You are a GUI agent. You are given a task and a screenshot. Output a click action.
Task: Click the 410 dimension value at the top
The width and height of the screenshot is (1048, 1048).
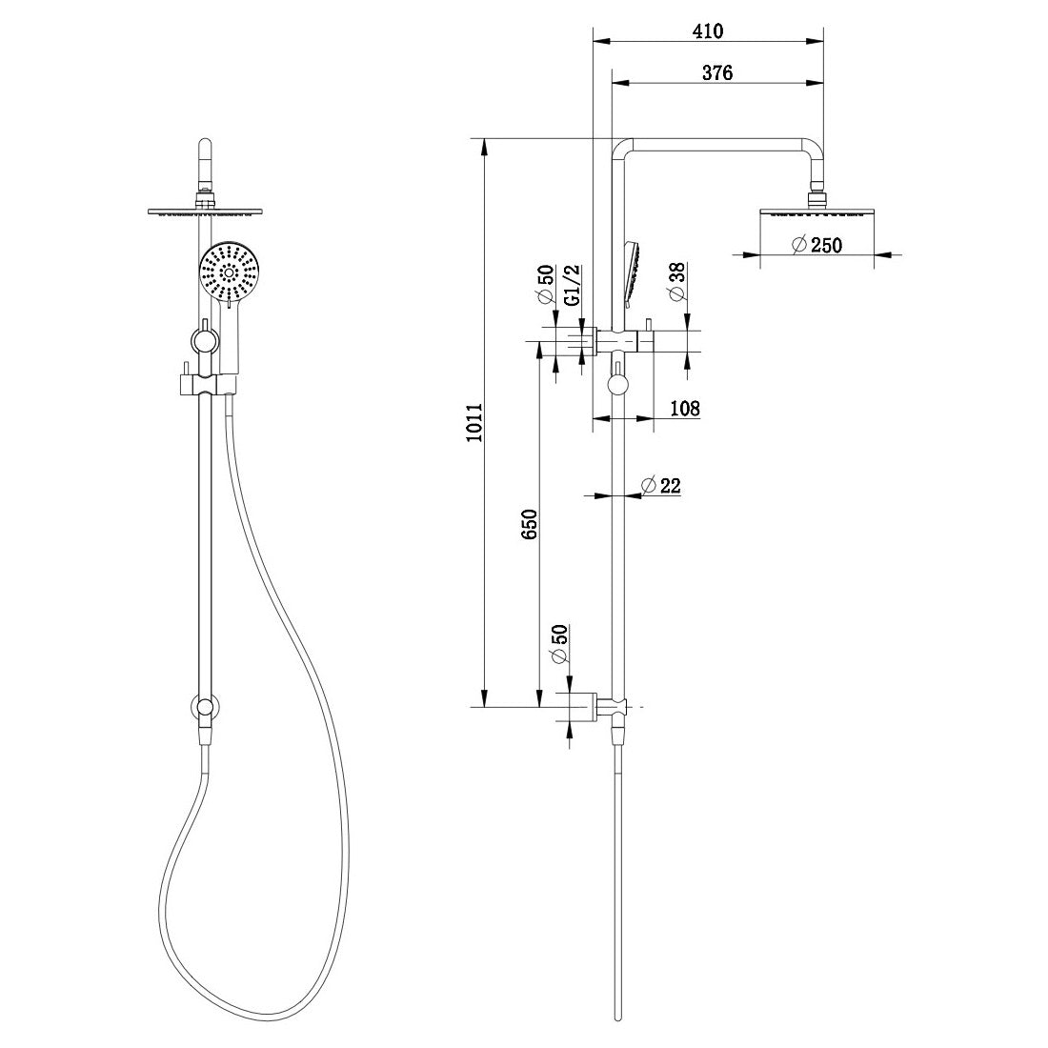708,30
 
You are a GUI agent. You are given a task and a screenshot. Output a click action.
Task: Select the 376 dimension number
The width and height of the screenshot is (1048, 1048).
716,73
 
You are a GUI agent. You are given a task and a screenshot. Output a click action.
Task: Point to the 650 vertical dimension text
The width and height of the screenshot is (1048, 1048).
530,526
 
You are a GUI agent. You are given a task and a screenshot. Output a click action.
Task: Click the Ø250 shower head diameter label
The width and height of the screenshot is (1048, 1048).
816,245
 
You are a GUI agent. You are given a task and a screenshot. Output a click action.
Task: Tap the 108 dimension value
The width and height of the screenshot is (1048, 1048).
684,409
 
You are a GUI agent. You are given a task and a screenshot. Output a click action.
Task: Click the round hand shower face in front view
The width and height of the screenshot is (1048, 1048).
228,271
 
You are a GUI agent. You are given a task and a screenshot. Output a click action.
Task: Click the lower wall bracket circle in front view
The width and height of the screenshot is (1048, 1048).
204,708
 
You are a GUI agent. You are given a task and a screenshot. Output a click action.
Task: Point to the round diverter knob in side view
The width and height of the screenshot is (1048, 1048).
619,384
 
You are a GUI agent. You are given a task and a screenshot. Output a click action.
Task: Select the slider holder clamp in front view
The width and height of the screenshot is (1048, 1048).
204,385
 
